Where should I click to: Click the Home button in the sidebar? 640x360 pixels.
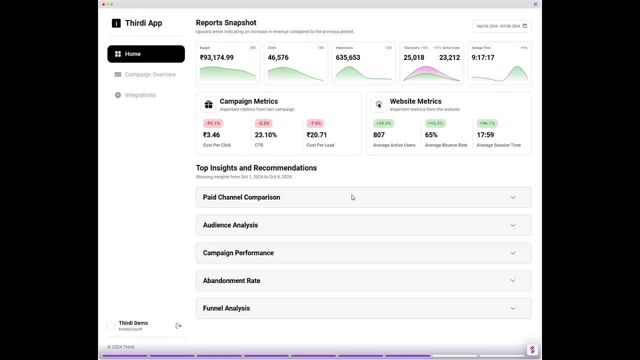click(x=145, y=54)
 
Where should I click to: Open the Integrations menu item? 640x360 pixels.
click(x=140, y=95)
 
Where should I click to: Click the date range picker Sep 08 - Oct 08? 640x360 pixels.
click(x=501, y=26)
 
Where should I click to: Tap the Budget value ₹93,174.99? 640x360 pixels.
click(x=216, y=57)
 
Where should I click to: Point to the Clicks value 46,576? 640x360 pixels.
click(x=278, y=57)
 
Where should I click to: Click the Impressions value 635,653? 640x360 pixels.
click(x=348, y=57)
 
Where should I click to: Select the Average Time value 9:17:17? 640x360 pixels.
click(x=483, y=57)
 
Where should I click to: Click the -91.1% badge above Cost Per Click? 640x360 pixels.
click(x=212, y=123)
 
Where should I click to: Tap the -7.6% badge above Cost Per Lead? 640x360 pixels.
click(x=315, y=123)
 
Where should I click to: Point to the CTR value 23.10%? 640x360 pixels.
click(x=265, y=135)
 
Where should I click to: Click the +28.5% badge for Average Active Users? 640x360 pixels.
click(x=383, y=123)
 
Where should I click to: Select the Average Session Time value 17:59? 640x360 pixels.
click(x=485, y=135)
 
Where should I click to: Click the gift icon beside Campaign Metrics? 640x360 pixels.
click(x=208, y=104)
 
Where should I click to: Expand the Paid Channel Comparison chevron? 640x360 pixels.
click(x=512, y=197)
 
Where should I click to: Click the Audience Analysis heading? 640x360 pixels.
click(x=230, y=225)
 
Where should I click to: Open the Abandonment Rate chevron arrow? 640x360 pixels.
click(x=512, y=280)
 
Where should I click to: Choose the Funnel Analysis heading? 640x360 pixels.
click(x=226, y=308)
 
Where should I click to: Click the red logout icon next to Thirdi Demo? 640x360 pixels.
click(x=178, y=326)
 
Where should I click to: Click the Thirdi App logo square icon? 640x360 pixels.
click(x=116, y=23)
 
